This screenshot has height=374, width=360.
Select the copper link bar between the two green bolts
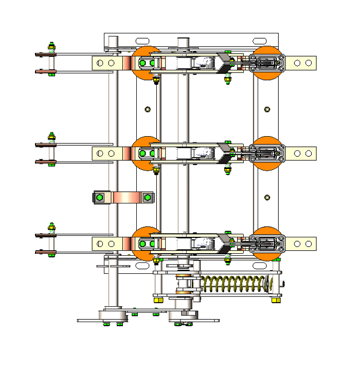tap(123, 197)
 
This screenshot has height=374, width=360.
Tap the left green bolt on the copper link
tap(100, 197)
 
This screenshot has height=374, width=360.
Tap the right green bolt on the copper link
tap(148, 197)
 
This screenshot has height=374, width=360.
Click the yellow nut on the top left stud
tap(51, 48)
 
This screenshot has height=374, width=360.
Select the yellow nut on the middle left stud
tap(51, 137)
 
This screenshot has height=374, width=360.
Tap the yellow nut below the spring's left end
tap(158, 300)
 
